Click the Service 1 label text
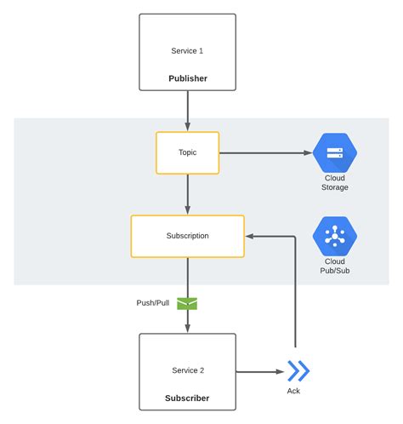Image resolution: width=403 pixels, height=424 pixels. point(187,51)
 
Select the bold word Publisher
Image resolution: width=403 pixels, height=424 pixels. point(187,78)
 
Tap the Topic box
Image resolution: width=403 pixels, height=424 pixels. point(187,153)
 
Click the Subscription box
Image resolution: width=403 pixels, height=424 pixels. point(187,236)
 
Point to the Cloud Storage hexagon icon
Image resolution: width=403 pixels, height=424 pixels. point(335,153)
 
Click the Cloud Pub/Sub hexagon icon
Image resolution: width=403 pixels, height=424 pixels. point(335,236)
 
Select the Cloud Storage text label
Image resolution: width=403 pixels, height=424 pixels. point(335,182)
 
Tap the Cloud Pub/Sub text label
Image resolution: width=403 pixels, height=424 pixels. point(335,266)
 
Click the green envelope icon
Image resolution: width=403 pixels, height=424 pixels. point(187,302)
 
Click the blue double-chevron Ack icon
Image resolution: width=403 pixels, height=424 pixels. point(298,371)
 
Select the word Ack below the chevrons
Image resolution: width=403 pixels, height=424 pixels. point(293,392)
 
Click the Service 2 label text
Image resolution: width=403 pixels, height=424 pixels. point(187,370)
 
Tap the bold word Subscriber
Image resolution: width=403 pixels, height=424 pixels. point(187,398)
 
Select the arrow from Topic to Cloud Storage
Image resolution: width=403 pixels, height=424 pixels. point(264,153)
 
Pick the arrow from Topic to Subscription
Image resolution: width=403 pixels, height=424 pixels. point(187,194)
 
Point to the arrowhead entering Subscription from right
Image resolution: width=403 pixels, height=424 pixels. point(250,236)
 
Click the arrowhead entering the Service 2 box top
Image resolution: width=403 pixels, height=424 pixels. point(187,328)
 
